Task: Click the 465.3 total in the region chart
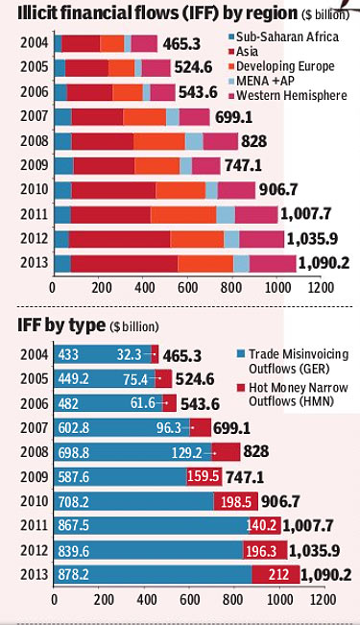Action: [x=181, y=44]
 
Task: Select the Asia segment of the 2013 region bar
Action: [x=125, y=263]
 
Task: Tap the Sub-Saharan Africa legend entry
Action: [x=284, y=36]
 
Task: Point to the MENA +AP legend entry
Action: [x=261, y=81]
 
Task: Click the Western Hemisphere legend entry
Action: [x=288, y=96]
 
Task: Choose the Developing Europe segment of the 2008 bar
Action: [x=159, y=141]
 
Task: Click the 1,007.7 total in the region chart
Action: [x=306, y=214]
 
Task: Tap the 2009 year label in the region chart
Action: [x=35, y=165]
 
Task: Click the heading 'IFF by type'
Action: [x=61, y=325]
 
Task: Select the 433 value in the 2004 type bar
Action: [x=68, y=354]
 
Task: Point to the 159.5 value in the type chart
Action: [x=204, y=476]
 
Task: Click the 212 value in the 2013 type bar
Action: [x=278, y=574]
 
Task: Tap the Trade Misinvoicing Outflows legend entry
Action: [x=293, y=361]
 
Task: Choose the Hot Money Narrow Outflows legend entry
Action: [x=293, y=394]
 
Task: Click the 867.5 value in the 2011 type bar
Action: [x=73, y=525]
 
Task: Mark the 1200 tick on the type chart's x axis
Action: [x=323, y=599]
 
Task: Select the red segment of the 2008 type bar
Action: [x=226, y=451]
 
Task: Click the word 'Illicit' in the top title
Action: [x=37, y=13]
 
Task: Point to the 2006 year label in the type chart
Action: [x=35, y=403]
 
